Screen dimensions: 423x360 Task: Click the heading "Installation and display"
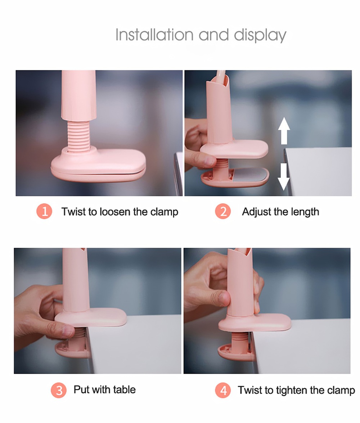pos(201,35)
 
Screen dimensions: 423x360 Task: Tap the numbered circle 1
pos(44,211)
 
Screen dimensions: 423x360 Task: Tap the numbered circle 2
pos(223,211)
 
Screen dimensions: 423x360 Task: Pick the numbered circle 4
pos(223,390)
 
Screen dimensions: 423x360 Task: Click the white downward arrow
pos(284,176)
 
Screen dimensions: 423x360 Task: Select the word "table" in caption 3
pos(124,390)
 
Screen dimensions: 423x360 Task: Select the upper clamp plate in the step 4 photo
pos(256,322)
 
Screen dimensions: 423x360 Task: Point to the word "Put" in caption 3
pos(82,390)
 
